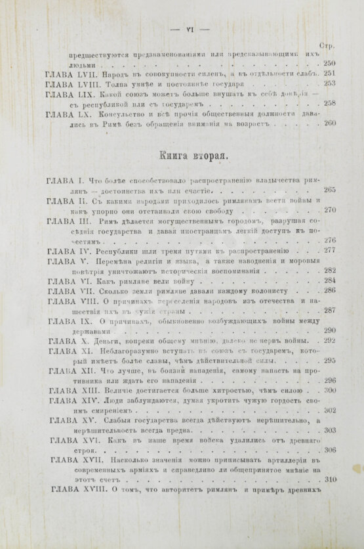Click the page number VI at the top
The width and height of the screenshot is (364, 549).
(189, 28)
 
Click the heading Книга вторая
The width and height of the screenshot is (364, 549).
(194, 157)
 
